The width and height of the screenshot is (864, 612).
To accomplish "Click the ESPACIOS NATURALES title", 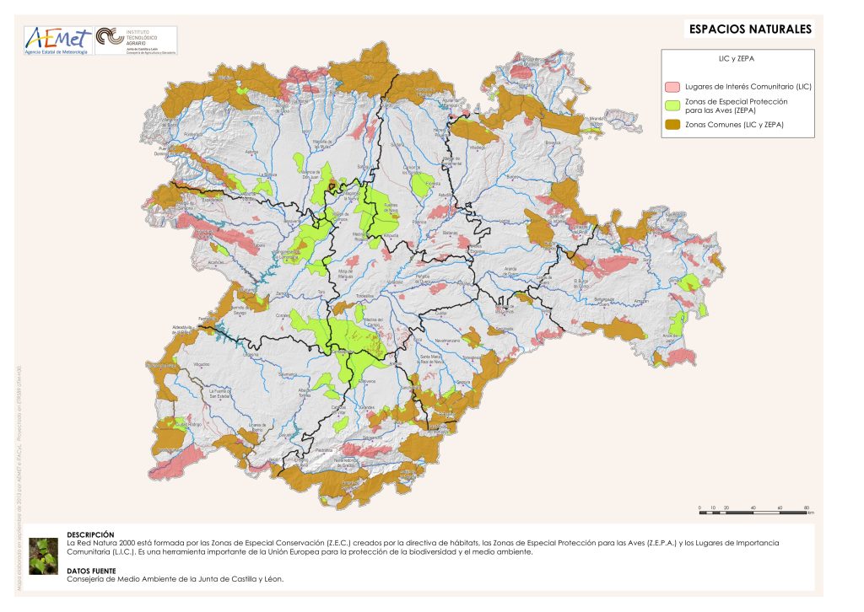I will click(x=750, y=30).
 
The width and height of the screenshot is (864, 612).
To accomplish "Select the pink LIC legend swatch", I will click(x=672, y=87).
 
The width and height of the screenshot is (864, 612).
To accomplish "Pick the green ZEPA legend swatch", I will click(x=672, y=105).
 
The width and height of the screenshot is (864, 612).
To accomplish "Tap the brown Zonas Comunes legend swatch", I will click(x=672, y=125).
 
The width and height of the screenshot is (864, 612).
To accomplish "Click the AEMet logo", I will click(x=57, y=40).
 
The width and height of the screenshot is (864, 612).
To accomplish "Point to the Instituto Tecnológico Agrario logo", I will click(x=135, y=40).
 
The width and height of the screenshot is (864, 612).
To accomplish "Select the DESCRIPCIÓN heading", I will click(x=90, y=534).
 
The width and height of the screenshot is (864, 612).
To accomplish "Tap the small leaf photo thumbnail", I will click(x=43, y=556).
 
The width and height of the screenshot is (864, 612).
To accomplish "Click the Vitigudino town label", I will click(x=202, y=363).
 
